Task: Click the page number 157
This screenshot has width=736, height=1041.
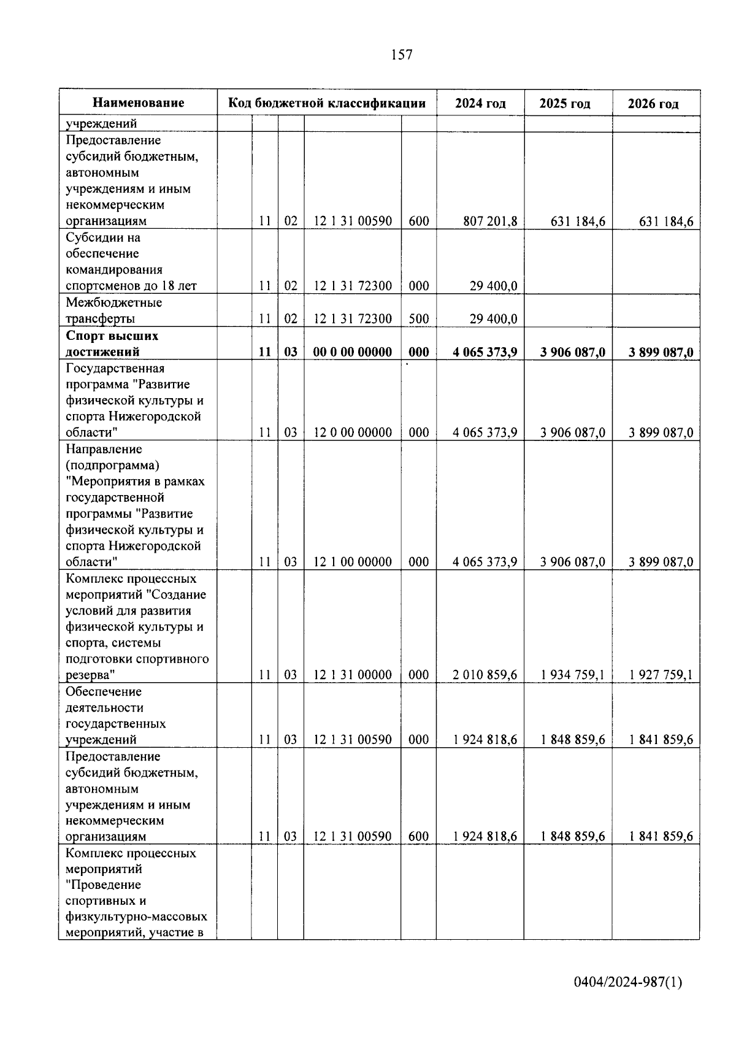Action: [x=402, y=55]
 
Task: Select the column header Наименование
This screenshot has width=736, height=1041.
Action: [x=139, y=103]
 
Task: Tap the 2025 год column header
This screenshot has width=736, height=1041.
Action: [x=565, y=104]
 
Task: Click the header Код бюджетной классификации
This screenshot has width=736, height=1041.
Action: [x=327, y=103]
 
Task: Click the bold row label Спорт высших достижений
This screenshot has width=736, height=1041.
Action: [x=112, y=344]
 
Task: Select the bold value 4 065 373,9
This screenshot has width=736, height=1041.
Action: [x=485, y=352]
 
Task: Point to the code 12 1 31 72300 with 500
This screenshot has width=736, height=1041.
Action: [x=353, y=319]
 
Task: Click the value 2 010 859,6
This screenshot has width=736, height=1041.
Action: [x=485, y=675]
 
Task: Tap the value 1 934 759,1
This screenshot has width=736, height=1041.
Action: [x=573, y=675]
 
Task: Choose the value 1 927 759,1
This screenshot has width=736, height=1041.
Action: [x=661, y=675]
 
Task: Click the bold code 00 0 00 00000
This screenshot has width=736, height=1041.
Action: [x=353, y=352]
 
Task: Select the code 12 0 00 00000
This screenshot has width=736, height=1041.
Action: [x=353, y=432]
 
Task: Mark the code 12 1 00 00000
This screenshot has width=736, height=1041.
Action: [x=353, y=562]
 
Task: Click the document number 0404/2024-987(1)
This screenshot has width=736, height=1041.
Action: [x=627, y=983]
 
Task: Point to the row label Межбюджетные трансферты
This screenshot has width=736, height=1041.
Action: [x=113, y=310]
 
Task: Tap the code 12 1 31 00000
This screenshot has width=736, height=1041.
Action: [x=353, y=675]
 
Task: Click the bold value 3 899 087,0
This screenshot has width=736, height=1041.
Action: [x=661, y=352]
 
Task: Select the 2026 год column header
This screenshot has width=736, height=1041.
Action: [x=653, y=104]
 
